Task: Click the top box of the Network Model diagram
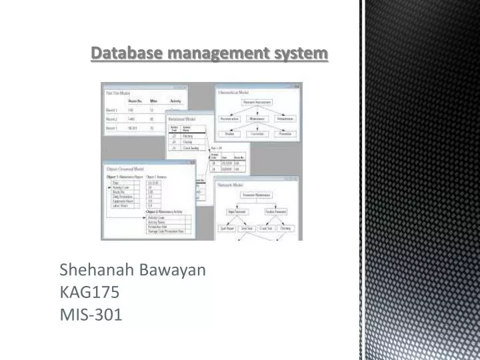pos(255,195)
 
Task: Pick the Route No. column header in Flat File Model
pos(139,101)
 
